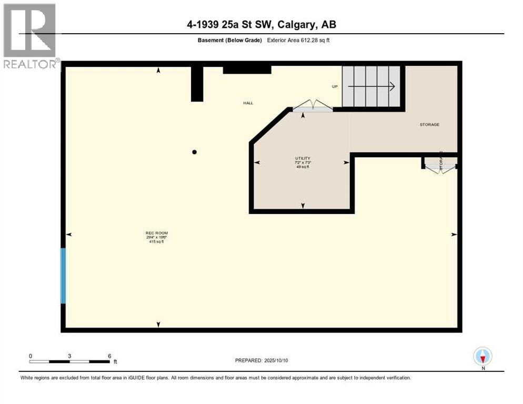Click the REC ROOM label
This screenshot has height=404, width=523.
[x=156, y=233]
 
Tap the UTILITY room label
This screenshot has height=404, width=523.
[x=302, y=158]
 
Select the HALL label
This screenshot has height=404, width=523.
[x=248, y=103]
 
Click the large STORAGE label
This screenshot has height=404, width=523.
[x=429, y=125]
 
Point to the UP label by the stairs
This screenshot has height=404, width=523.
[x=334, y=86]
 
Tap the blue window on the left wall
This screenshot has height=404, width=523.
[x=63, y=276]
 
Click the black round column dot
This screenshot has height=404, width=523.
[x=194, y=152]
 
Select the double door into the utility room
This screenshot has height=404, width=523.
[x=313, y=108]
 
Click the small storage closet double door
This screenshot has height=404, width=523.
[x=440, y=167]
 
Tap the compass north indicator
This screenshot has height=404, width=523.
[x=482, y=356]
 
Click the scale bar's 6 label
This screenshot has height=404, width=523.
[x=109, y=356]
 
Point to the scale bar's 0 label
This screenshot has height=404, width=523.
[x=31, y=356]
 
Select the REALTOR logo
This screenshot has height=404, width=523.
[x=31, y=36]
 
